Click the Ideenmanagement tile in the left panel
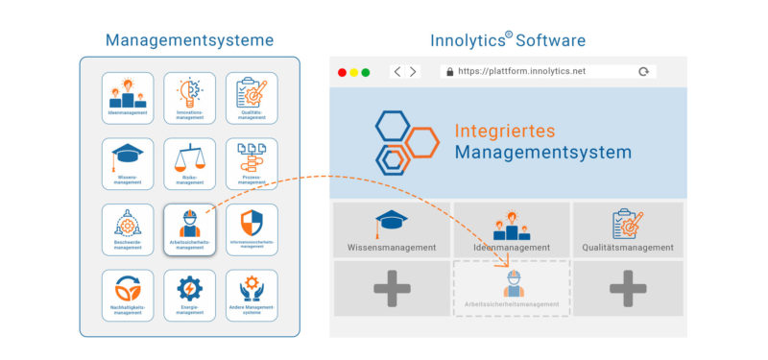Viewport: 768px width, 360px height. click(128, 97)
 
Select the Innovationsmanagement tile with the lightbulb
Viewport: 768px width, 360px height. click(190, 97)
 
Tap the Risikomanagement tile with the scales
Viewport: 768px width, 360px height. click(190, 163)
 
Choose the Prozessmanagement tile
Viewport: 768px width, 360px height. click(252, 163)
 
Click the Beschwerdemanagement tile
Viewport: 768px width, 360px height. click(128, 229)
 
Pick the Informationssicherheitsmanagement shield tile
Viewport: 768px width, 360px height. click(252, 229)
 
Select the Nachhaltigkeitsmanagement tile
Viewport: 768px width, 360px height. click(128, 295)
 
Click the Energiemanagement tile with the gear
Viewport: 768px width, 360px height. click(190, 295)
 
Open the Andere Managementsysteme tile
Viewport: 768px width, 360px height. click(252, 295)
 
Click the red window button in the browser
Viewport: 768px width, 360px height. click(341, 72)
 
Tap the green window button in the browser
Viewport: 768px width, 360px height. click(366, 72)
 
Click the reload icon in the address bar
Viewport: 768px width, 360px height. click(643, 72)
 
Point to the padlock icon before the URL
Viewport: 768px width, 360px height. click(447, 72)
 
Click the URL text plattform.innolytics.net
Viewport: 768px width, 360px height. click(525, 72)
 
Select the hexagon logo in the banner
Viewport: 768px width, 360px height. click(404, 142)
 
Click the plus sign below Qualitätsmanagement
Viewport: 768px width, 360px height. click(628, 288)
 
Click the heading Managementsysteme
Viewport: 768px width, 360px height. click(189, 40)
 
